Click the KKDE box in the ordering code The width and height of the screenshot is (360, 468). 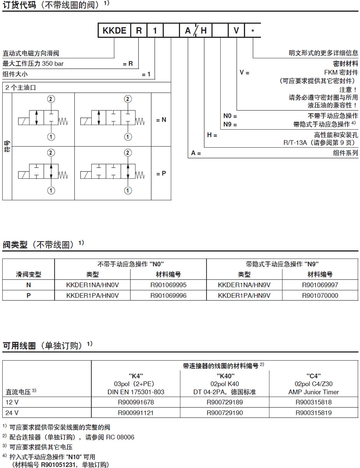pos(114,31)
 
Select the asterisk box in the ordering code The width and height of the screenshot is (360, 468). pos(253,31)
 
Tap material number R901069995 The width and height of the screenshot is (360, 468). pos(168,285)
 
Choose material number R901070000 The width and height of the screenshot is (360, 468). pos(320,295)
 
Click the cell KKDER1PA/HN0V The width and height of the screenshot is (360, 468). pos(92,295)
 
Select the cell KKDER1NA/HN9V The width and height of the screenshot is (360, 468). pos(244,285)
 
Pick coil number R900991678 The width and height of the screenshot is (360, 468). pos(135,402)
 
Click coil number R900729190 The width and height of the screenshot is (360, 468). pos(225,413)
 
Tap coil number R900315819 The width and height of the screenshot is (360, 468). pos(314,413)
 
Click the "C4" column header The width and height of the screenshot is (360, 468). pos(314,376)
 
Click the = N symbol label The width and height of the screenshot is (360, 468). pos(161,120)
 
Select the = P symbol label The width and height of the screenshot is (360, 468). pos(161,173)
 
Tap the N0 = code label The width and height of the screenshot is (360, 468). pos(230,115)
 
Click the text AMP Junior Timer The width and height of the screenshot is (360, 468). pos(314,392)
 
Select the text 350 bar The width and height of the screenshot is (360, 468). pos(53,64)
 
